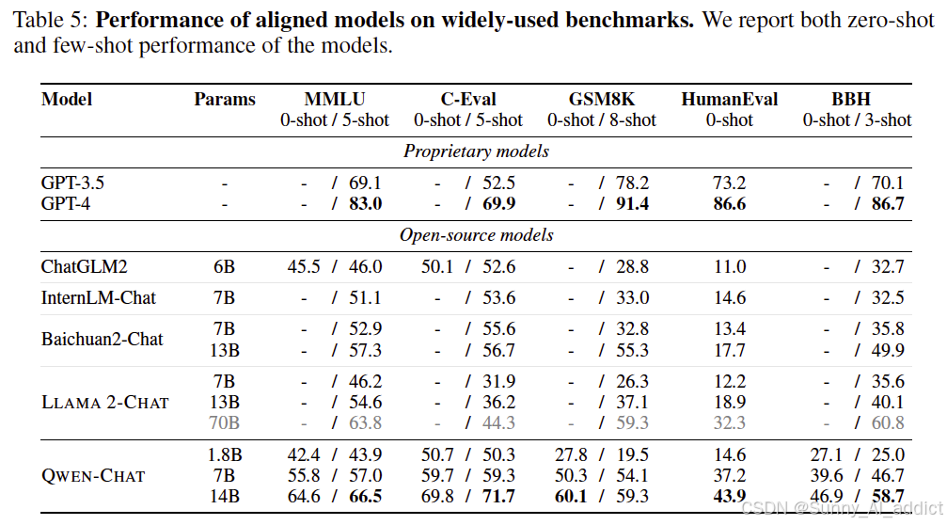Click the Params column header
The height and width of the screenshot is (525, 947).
tap(225, 99)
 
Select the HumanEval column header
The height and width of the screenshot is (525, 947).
tap(730, 99)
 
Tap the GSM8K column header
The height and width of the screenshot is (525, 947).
tap(602, 99)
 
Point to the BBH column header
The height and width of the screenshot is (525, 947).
tap(851, 99)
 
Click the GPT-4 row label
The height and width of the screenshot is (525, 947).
tap(65, 203)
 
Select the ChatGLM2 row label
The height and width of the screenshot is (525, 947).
tap(84, 266)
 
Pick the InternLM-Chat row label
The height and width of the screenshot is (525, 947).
tap(99, 298)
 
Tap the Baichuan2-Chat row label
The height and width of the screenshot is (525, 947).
tap(103, 339)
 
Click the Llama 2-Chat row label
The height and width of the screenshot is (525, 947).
tap(105, 403)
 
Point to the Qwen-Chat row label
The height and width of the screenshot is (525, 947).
tap(93, 476)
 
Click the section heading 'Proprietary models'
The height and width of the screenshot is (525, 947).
tap(476, 151)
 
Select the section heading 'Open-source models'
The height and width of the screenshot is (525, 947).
tap(476, 235)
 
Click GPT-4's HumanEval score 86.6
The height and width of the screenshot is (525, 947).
tap(730, 203)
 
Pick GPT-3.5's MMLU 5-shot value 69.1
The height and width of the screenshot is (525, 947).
tap(365, 183)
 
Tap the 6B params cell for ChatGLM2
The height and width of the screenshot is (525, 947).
tap(224, 266)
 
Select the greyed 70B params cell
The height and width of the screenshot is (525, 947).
tap(224, 422)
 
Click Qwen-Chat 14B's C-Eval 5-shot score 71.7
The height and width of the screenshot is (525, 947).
tap(498, 497)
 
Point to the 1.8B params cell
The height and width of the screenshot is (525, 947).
tap(224, 455)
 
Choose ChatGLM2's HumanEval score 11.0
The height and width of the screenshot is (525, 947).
tap(730, 266)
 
